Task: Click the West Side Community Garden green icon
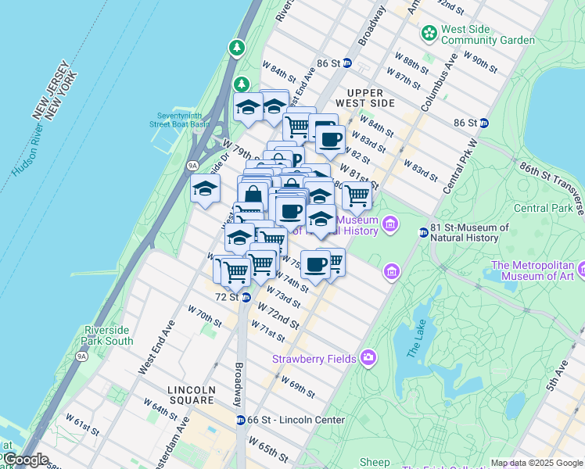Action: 429,34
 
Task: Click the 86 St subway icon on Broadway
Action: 347,63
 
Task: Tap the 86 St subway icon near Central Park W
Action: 484,123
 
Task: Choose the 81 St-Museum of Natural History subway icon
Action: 424,232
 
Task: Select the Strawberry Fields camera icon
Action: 368,359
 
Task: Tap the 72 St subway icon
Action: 246,297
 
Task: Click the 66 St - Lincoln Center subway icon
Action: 241,420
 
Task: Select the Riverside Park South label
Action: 108,335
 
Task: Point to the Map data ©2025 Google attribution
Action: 537,463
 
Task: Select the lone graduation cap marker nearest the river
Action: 206,188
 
